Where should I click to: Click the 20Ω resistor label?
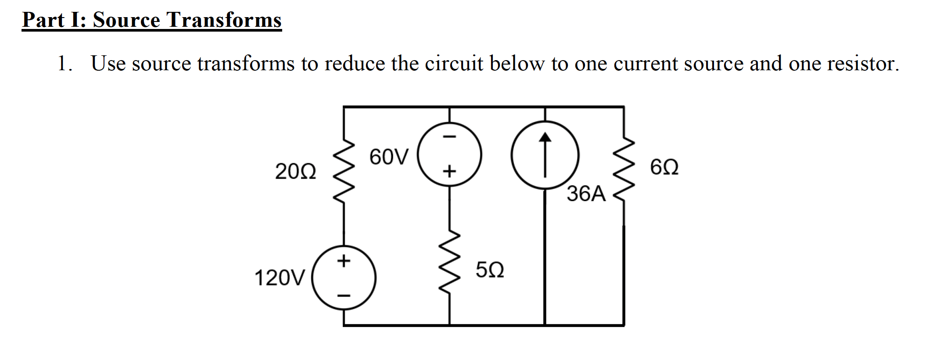295,172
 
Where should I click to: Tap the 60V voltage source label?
389,157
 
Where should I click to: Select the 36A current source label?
586,194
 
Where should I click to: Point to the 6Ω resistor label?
664,168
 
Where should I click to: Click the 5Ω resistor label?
490,270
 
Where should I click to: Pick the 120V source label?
280,278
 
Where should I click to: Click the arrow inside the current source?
545,155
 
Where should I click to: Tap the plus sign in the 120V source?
344,261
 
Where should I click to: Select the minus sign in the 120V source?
344,295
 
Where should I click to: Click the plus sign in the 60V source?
449,171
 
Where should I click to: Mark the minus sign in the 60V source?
449,137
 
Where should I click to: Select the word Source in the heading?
126,20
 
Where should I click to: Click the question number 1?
64,64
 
